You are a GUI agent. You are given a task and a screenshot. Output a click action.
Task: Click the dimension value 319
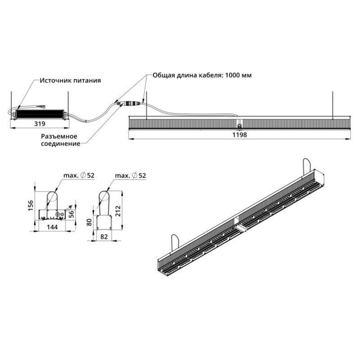[40, 124]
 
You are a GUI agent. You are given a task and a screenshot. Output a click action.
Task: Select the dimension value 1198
[239, 135]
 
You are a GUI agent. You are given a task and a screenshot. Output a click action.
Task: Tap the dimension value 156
[31, 206]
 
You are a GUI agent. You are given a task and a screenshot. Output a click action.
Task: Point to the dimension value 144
[52, 227]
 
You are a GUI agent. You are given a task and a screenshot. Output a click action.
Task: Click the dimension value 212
[118, 211]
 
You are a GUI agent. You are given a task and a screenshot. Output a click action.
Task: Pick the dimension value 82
[104, 237]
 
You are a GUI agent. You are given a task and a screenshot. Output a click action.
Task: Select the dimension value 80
[89, 222]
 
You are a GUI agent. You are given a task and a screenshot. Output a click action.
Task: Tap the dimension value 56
[72, 214]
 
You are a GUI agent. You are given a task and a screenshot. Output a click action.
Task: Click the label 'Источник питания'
[70, 81]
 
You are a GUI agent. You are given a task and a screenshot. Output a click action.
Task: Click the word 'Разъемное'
[59, 136]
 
